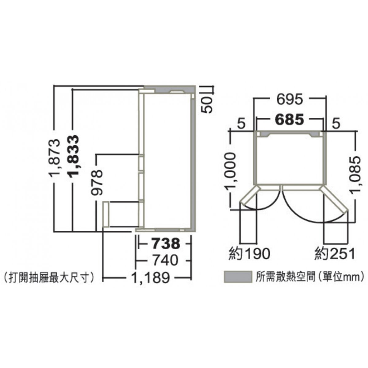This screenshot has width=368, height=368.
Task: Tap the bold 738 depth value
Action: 166,244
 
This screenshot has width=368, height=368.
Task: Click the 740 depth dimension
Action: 166,260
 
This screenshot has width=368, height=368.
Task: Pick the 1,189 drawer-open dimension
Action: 151,278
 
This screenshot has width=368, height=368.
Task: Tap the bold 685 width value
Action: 290,120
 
